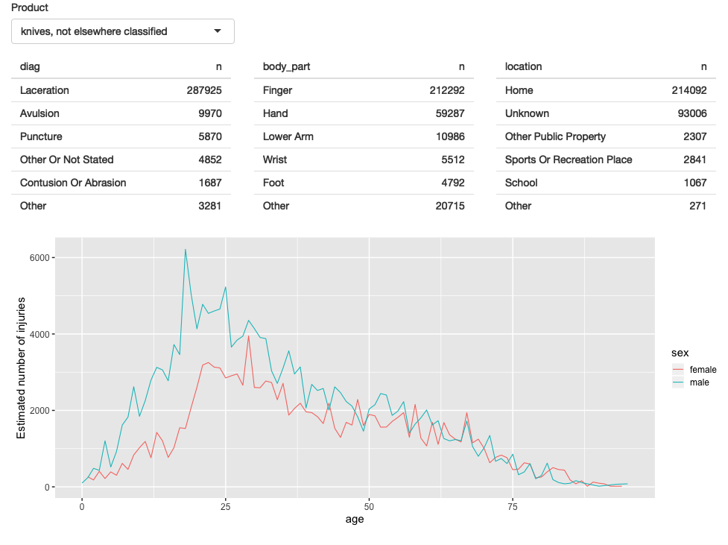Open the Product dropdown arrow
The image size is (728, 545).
point(218,31)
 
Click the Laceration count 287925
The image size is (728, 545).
point(203,90)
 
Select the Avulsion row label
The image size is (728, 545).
point(39,113)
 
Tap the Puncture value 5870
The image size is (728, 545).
point(209,136)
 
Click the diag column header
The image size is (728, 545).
point(30,66)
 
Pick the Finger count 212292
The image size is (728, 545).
point(446,90)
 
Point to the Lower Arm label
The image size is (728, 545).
point(288,136)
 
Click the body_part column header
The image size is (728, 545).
point(286,66)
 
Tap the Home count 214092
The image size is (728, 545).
point(689,90)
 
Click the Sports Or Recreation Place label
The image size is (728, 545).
point(569,160)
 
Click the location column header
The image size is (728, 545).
point(523,66)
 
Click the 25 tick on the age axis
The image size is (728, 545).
point(225,507)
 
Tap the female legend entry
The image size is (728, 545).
point(703,369)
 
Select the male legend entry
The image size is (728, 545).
point(699,382)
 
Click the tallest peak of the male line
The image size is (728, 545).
point(185,250)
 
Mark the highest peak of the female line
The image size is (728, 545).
point(248,336)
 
